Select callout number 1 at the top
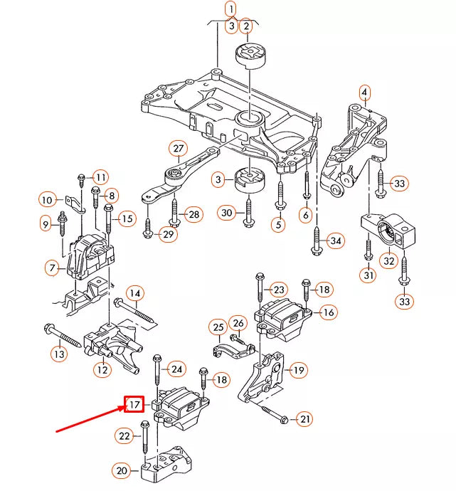230,9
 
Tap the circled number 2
246,27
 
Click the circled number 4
364,92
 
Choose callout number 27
177,149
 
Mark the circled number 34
336,241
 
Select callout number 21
304,419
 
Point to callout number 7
52,268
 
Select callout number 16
329,312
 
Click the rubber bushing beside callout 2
251,55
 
